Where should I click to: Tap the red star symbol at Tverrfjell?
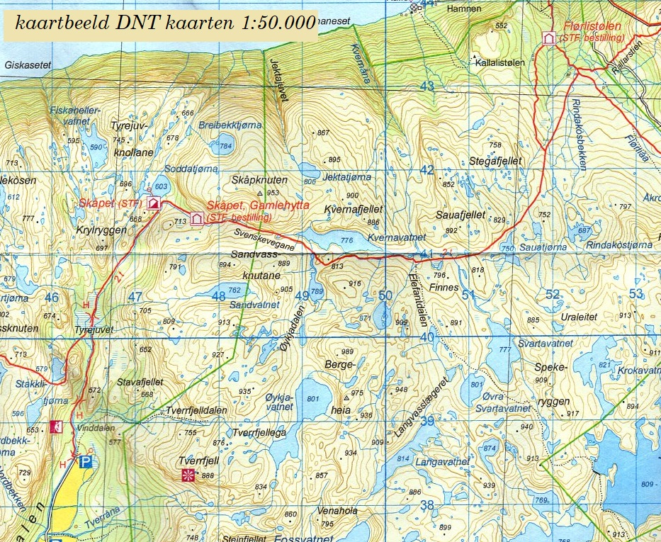click(x=188, y=474)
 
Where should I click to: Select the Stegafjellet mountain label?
click(x=495, y=161)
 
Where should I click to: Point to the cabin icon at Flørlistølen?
click(x=548, y=38)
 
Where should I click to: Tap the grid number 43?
click(x=426, y=86)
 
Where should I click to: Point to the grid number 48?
click(x=219, y=296)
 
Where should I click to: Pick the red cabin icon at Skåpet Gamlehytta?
click(x=197, y=218)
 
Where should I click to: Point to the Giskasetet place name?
click(x=28, y=64)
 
